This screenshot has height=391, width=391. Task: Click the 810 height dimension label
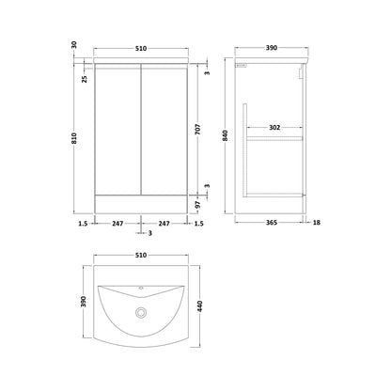[x=74, y=138]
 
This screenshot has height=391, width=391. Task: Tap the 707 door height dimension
[x=197, y=129]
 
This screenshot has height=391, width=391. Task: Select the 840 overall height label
[x=226, y=135]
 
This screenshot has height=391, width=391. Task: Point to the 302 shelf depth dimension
[x=274, y=128]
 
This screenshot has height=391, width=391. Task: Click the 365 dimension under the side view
[x=272, y=223]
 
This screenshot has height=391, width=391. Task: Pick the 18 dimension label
[x=317, y=223]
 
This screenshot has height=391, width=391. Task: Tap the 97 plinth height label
[x=197, y=205]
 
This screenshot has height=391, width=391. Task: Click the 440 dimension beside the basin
[x=200, y=306]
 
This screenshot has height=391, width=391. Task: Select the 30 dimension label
[x=74, y=45]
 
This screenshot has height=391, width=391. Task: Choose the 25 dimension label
[x=85, y=79]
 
